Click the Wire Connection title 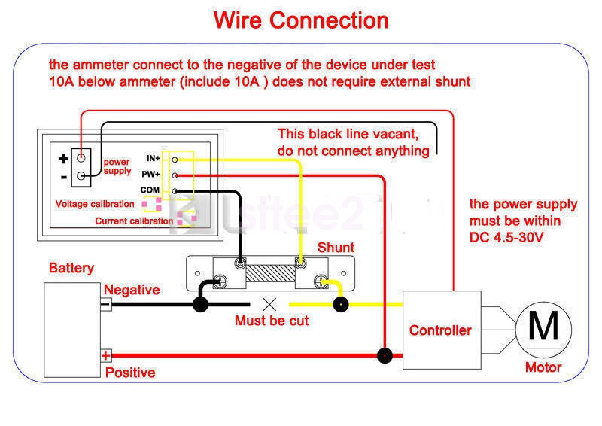coord(301,20)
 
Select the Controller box coord(440,330)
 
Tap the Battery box coord(72,330)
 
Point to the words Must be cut coord(272,321)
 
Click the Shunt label coord(336,248)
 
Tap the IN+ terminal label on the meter coord(154,159)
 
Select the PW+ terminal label coord(153,175)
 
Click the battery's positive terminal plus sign coord(106,355)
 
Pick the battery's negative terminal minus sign coord(106,304)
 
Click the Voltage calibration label coord(95,204)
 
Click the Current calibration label coord(134,221)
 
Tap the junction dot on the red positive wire coord(385,355)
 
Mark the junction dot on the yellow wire coord(340,304)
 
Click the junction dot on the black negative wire coord(200,304)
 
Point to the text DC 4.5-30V coord(506,237)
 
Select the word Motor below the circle coord(543,368)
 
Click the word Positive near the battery coord(130,373)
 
